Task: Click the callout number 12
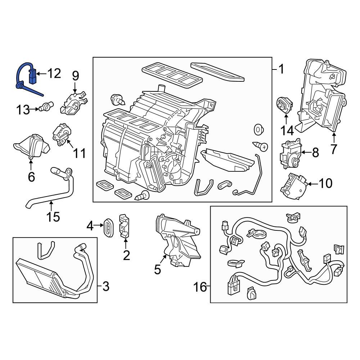[x=54, y=74]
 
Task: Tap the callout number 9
[x=75, y=76]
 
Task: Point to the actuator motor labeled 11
[x=61, y=136]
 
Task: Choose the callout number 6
[x=31, y=177]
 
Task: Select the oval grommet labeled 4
[x=107, y=227]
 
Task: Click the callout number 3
[x=105, y=287]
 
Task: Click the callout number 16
[x=200, y=287]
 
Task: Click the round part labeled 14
[x=284, y=105]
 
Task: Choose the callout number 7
[x=334, y=148]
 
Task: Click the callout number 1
[x=281, y=69]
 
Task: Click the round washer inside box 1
[x=258, y=129]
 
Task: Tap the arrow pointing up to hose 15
[x=51, y=205]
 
